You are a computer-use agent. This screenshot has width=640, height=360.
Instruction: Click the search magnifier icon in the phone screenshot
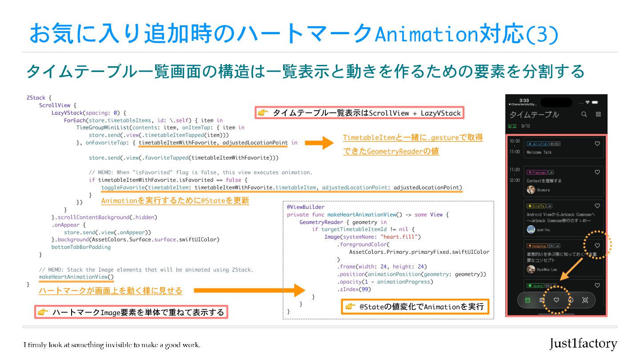(584, 114)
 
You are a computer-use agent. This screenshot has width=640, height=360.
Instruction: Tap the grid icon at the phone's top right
(598, 114)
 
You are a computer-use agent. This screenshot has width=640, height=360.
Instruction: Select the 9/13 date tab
(526, 126)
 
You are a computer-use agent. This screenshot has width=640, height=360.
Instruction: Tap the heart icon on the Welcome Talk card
(597, 144)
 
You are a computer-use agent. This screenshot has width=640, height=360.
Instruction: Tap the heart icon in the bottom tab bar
(556, 300)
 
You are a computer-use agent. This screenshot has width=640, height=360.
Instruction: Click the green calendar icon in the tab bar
(528, 300)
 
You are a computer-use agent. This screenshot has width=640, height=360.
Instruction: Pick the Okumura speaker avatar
(531, 190)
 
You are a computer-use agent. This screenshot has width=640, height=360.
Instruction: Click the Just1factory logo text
(583, 344)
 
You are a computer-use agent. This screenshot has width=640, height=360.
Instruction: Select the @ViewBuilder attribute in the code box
(306, 207)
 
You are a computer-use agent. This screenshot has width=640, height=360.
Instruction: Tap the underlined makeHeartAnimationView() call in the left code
(76, 277)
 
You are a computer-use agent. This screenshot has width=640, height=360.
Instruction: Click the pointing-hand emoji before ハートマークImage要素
(43, 312)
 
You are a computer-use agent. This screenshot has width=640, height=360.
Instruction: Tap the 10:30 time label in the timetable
(514, 141)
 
